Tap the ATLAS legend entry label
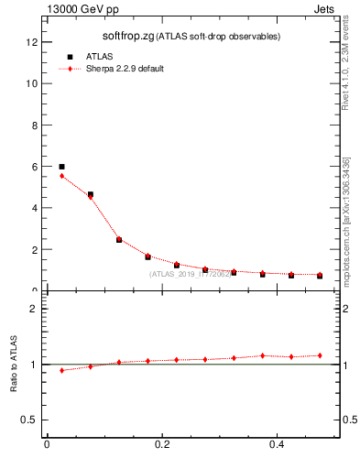99,56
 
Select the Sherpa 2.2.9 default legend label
125,70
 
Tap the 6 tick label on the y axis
34,167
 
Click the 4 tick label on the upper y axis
34,208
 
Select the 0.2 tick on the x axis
162,444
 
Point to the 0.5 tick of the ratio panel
30,420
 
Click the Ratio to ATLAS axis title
14,365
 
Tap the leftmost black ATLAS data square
61,167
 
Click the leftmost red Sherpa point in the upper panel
61,175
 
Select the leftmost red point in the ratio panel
61,370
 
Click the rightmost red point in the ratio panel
320,355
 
